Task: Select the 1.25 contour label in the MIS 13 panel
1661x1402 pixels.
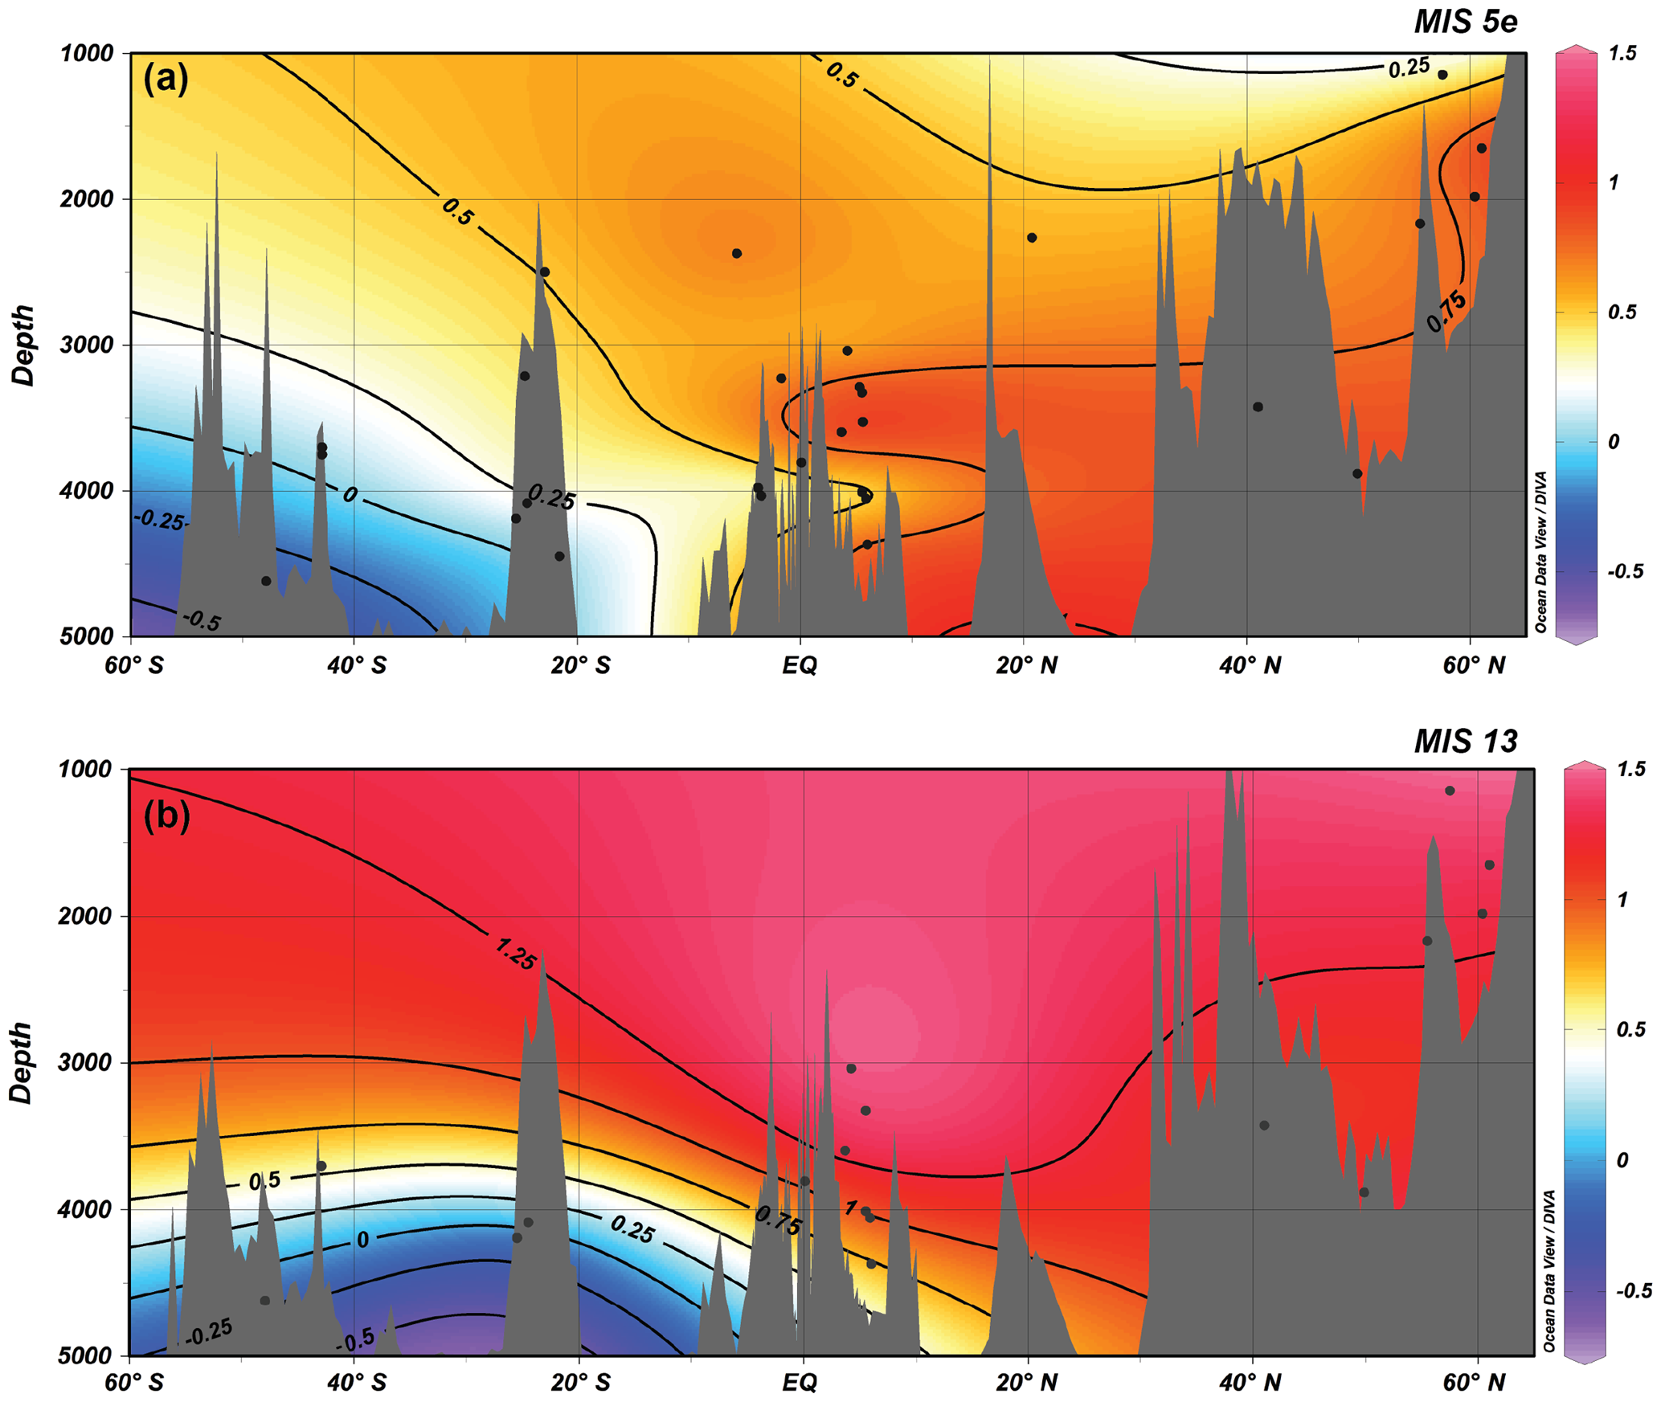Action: [x=515, y=954]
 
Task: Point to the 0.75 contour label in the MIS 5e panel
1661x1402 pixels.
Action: [x=1446, y=313]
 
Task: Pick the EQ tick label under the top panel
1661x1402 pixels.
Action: [x=800, y=666]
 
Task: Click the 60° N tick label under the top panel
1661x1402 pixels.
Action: [x=1473, y=666]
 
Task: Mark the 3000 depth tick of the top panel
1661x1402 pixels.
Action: [x=88, y=345]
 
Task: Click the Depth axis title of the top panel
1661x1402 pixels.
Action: [x=24, y=345]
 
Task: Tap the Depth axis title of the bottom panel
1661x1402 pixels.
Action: [x=23, y=1062]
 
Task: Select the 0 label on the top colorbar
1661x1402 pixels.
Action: [x=1613, y=442]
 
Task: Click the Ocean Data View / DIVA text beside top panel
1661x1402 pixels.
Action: [x=1540, y=553]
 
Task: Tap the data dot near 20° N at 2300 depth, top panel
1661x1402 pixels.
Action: [x=1032, y=238]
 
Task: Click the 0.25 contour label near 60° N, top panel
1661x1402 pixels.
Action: [x=1409, y=69]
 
